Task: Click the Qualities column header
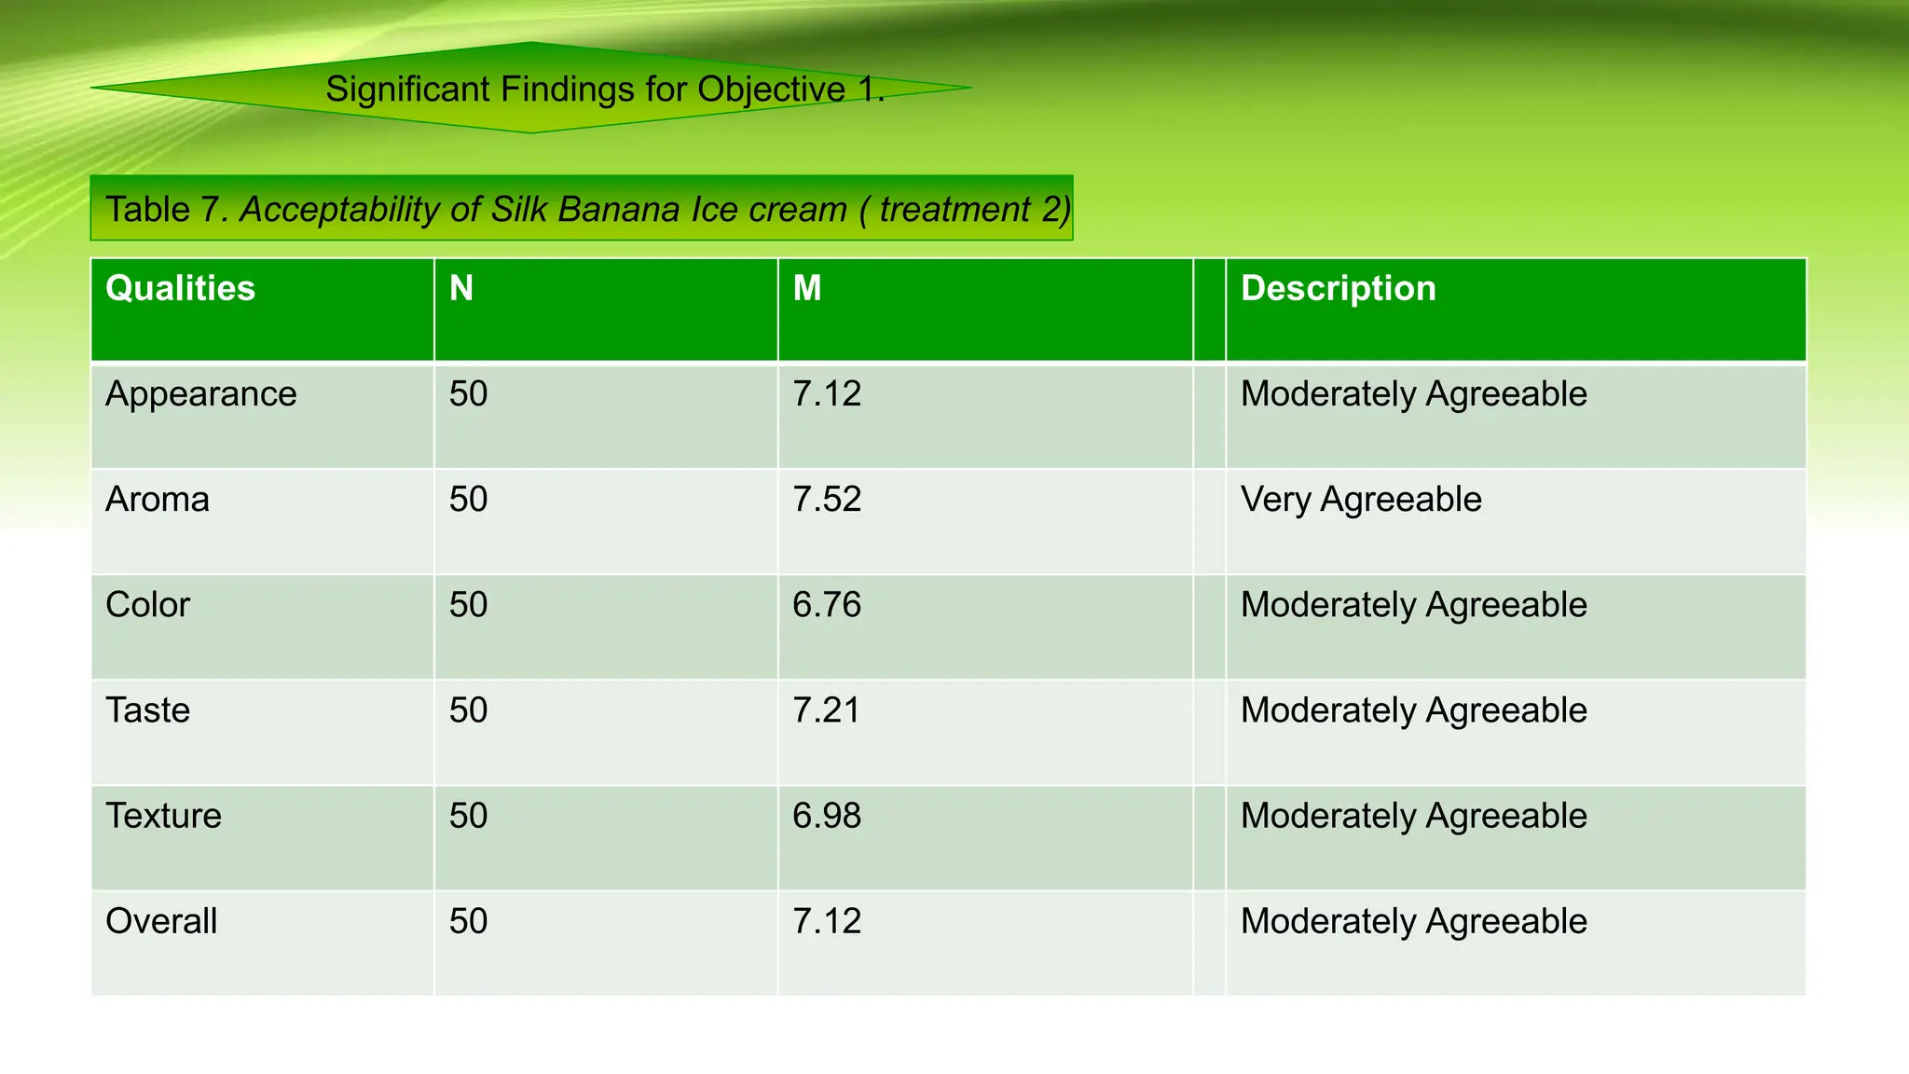[180, 288]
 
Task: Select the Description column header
[1338, 288]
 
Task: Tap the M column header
[807, 288]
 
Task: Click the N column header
[461, 288]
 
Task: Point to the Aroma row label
[158, 500]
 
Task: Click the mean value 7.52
[827, 500]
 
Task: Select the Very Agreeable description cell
[1360, 500]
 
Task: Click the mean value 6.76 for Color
[827, 605]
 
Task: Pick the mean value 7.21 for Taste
[826, 710]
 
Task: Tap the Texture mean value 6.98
[827, 816]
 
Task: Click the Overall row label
[161, 921]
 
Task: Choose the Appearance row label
[200, 394]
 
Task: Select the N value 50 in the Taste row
[468, 710]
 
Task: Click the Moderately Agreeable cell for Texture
[1413, 816]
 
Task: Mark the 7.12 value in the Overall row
[827, 921]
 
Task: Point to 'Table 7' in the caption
[160, 209]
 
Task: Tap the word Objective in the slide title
[771, 89]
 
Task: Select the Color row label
[147, 605]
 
